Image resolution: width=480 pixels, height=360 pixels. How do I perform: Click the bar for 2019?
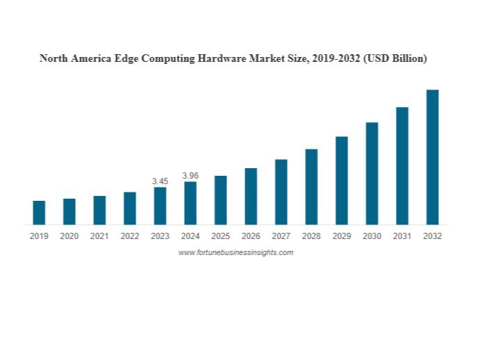tap(39, 213)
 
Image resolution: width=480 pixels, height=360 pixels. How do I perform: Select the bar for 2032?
tap(432, 157)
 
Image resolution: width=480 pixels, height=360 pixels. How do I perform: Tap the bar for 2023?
tap(160, 206)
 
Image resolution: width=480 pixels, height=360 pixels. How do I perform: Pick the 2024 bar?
tap(190, 203)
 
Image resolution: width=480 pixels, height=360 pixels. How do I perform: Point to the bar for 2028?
tap(311, 186)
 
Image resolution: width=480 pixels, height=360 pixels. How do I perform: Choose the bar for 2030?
tap(372, 173)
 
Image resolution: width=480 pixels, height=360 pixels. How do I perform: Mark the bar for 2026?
tap(251, 196)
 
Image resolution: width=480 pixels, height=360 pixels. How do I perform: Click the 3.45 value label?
tap(160, 181)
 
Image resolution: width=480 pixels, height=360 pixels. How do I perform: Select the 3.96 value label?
tap(190, 176)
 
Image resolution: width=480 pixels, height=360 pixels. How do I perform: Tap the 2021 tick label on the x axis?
tap(99, 236)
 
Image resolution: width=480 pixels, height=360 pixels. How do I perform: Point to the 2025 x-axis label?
tap(221, 236)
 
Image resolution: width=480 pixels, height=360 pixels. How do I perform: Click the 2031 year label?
tap(402, 236)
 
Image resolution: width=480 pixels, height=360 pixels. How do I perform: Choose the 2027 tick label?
tap(281, 236)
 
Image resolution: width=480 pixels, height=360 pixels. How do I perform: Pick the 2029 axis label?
tap(342, 236)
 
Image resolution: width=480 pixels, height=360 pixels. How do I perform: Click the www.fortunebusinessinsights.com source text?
tap(235, 252)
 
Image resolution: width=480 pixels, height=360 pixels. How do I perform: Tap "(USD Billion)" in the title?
tap(395, 58)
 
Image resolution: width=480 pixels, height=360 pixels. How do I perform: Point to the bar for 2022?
tap(130, 208)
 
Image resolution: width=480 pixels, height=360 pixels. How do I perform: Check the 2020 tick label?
tap(69, 236)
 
